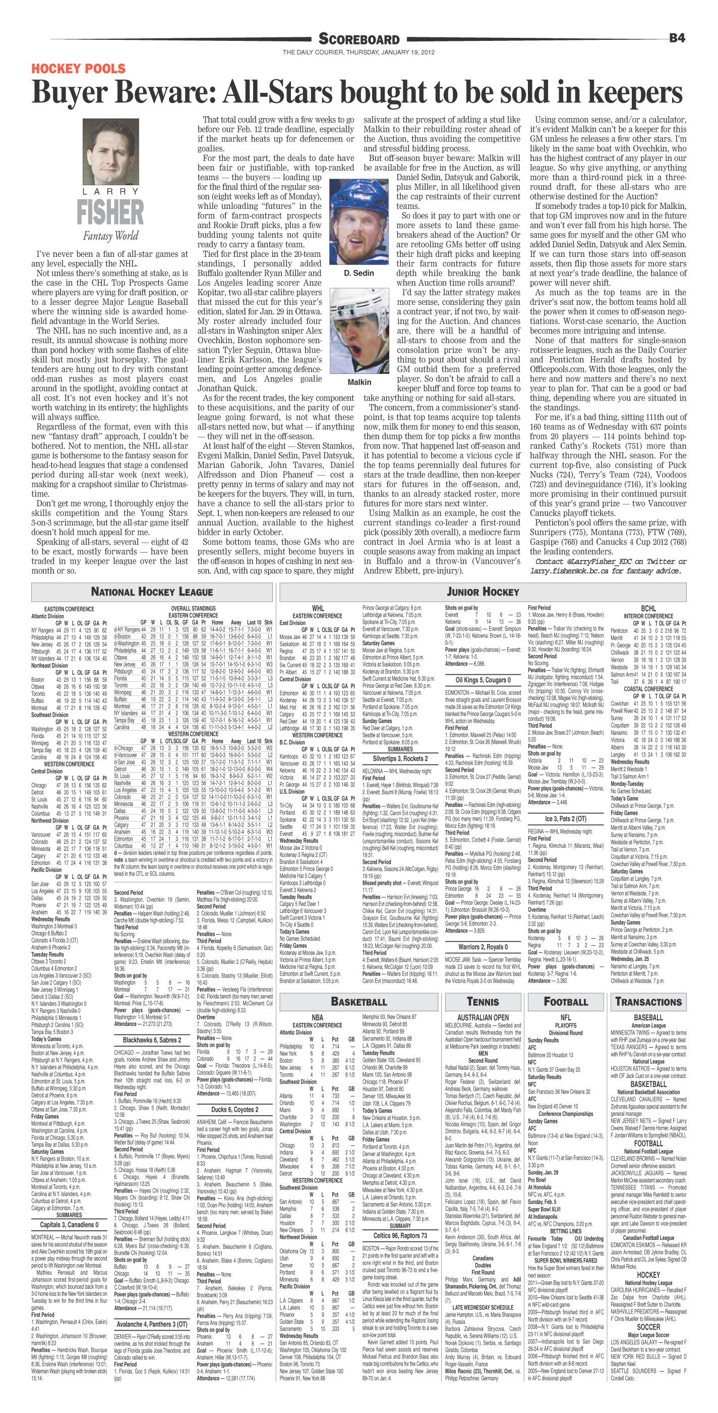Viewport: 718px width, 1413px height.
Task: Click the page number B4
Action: click(x=677, y=38)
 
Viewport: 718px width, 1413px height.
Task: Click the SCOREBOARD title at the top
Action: click(x=359, y=39)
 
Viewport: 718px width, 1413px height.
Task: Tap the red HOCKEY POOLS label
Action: click(x=78, y=69)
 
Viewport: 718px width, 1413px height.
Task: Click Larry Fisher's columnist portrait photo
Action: click(x=109, y=152)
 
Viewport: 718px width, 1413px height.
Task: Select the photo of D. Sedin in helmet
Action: click(x=358, y=222)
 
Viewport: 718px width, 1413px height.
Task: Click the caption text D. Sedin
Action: click(x=358, y=273)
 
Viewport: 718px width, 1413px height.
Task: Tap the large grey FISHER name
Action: click(x=110, y=213)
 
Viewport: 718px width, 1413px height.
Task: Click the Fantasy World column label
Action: click(x=110, y=236)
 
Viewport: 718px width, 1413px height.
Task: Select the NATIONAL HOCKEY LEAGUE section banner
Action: click(x=152, y=592)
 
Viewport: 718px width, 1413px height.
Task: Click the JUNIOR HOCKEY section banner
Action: click(x=483, y=592)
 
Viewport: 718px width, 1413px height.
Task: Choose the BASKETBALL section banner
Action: click(x=359, y=1001)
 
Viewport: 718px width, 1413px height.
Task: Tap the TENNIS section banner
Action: click(x=483, y=1001)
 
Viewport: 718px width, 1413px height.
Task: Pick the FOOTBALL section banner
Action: click(x=565, y=1001)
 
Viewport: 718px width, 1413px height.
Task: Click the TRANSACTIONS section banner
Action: click(x=648, y=1001)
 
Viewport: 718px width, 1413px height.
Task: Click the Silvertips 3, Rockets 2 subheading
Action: click(x=400, y=758)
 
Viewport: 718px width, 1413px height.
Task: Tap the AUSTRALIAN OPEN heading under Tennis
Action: click(x=483, y=1017)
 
